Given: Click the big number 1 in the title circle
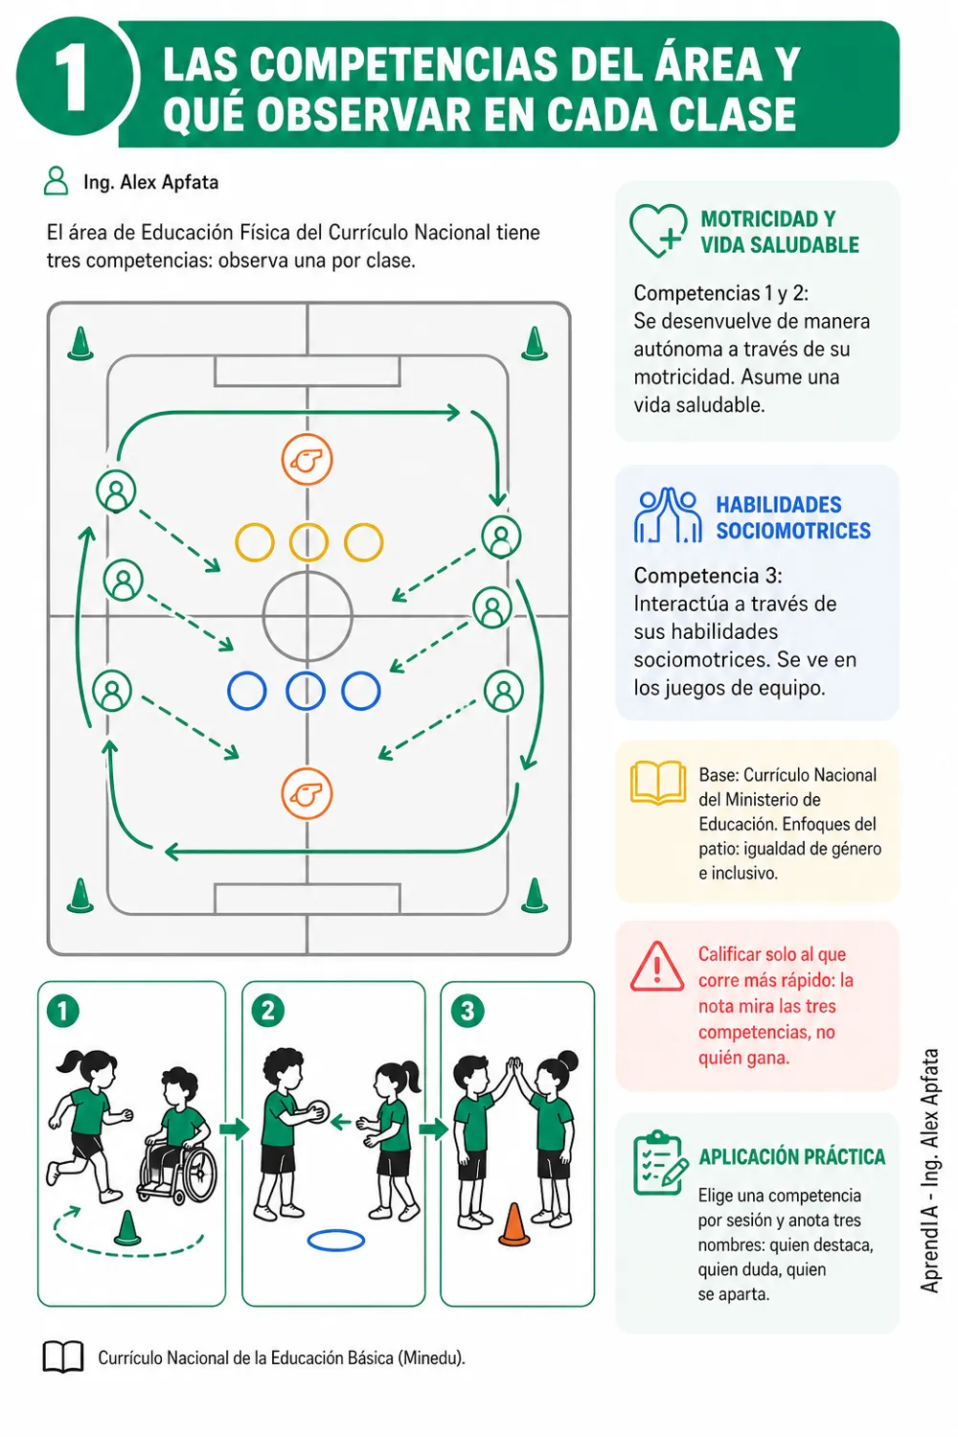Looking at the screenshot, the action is coord(72,80).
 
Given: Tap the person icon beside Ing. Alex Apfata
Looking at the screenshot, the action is coord(56,181).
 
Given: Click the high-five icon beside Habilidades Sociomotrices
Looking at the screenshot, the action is coord(668,515).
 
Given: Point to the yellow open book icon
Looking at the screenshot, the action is coord(658,783).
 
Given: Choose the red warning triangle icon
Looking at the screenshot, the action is coord(656,967).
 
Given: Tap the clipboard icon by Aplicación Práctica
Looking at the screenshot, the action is coord(660,1164).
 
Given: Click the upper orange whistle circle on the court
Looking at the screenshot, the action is coord(308,459).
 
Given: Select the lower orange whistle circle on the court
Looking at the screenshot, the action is coord(307,793).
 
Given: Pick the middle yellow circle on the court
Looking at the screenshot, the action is coord(308,543).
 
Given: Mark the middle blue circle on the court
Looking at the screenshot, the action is coord(306,691).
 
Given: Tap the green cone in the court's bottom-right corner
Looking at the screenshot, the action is coord(535,895).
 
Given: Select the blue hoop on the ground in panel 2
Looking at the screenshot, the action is coord(335,1240).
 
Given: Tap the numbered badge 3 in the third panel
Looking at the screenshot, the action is coord(468,1012).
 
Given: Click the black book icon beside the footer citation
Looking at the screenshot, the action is coord(63,1357).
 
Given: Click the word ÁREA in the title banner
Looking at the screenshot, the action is coord(700,64).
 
